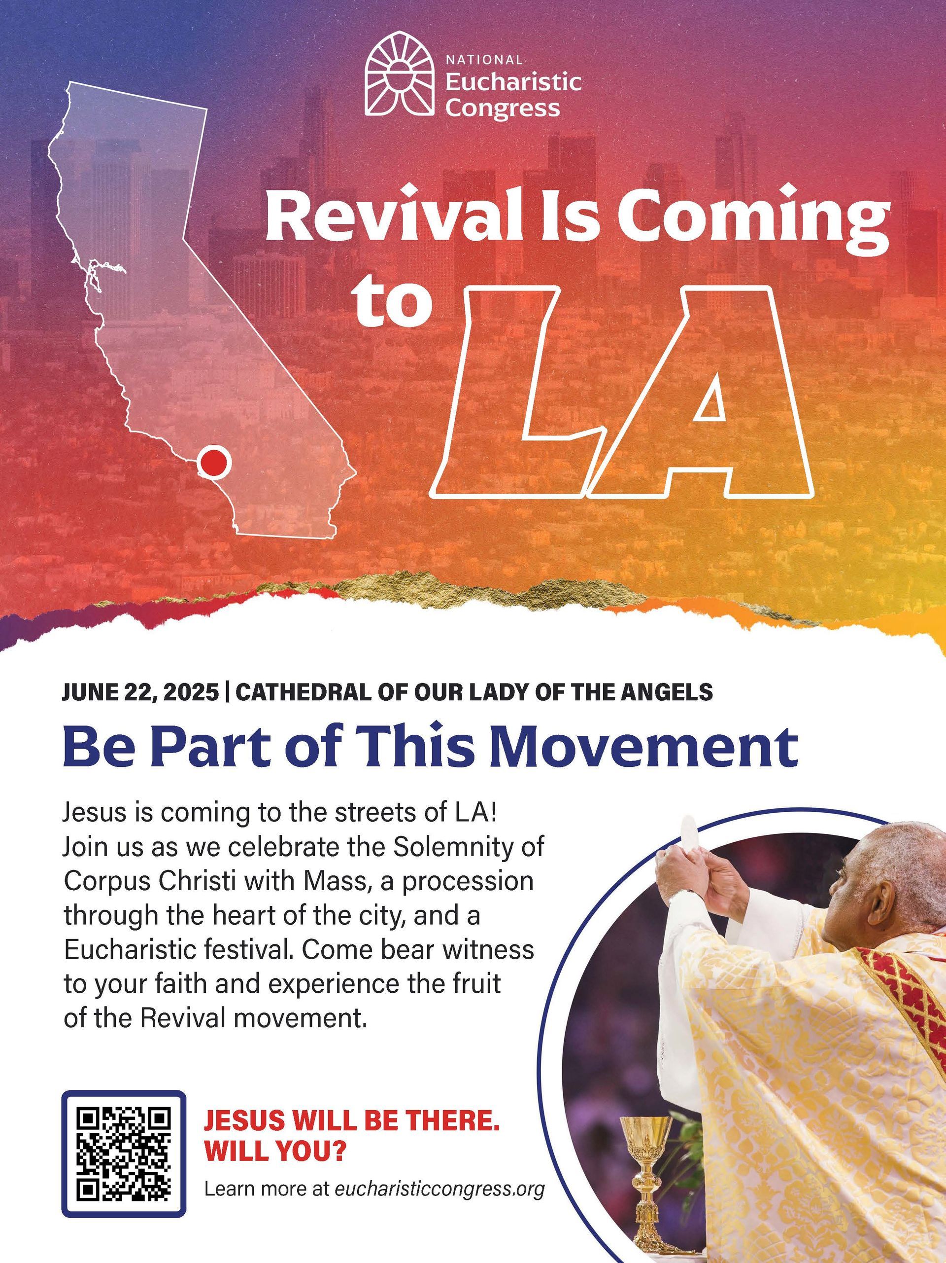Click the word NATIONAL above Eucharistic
pyautogui.click(x=484, y=59)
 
